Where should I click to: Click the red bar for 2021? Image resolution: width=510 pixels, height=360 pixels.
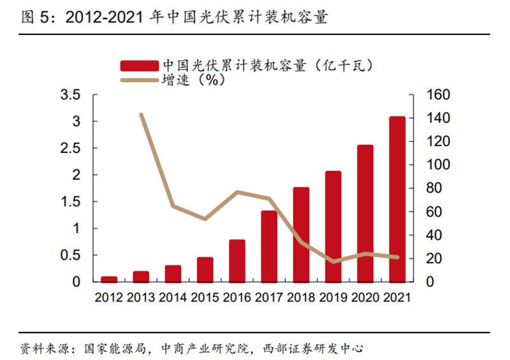[397, 199]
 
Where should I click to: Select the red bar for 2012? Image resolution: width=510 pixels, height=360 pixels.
[109, 279]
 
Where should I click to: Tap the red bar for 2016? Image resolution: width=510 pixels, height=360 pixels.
[237, 261]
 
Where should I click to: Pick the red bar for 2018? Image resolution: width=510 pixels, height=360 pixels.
[301, 234]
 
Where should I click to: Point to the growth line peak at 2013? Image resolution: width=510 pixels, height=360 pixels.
[141, 115]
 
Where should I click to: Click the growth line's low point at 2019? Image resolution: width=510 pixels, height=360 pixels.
[333, 261]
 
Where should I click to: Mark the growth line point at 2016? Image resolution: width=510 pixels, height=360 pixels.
[237, 192]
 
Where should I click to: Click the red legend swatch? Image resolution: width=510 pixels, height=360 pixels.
[139, 66]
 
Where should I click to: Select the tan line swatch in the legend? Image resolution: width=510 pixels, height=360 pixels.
[139, 80]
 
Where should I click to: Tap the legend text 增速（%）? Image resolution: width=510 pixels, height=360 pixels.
[194, 80]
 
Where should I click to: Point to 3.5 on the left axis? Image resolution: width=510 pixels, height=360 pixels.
[70, 95]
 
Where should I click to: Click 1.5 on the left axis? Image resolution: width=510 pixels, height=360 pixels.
[70, 201]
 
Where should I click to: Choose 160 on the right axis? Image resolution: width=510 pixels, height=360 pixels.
[438, 95]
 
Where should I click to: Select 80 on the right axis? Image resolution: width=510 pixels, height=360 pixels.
[434, 188]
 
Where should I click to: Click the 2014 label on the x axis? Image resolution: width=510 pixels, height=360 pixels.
[173, 298]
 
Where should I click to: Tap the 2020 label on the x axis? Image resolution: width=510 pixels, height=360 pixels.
[365, 298]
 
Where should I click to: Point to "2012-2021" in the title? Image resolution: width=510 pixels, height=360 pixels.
[104, 17]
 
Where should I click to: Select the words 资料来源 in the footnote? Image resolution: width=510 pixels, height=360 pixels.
[45, 349]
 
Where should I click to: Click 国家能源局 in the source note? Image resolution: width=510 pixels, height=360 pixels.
[115, 349]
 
